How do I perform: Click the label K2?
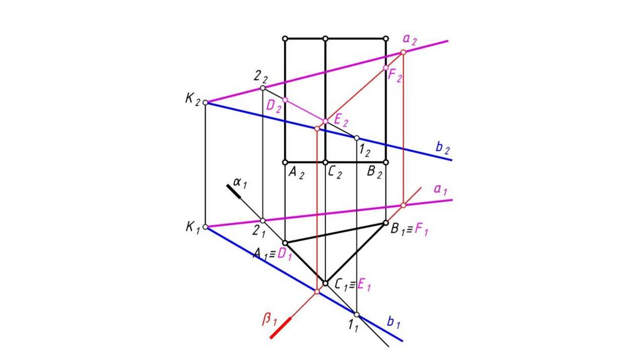[x=192, y=100]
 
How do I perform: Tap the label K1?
[x=192, y=228]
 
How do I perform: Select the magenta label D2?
[x=273, y=106]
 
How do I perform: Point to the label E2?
[x=342, y=120]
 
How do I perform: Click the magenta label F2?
[x=395, y=76]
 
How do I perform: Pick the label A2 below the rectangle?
[x=296, y=173]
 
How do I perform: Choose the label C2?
[x=335, y=173]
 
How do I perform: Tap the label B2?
[x=374, y=173]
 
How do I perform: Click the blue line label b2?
[x=443, y=148]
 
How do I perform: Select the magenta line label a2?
[x=410, y=40]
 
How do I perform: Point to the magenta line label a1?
[x=440, y=189]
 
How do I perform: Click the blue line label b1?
[x=394, y=322]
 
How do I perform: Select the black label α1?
[x=241, y=183]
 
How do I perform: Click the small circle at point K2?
[x=206, y=102]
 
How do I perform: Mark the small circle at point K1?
[x=206, y=228]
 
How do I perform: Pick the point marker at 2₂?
[x=263, y=88]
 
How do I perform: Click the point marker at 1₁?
[x=356, y=314]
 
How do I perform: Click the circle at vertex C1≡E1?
[x=325, y=283]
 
